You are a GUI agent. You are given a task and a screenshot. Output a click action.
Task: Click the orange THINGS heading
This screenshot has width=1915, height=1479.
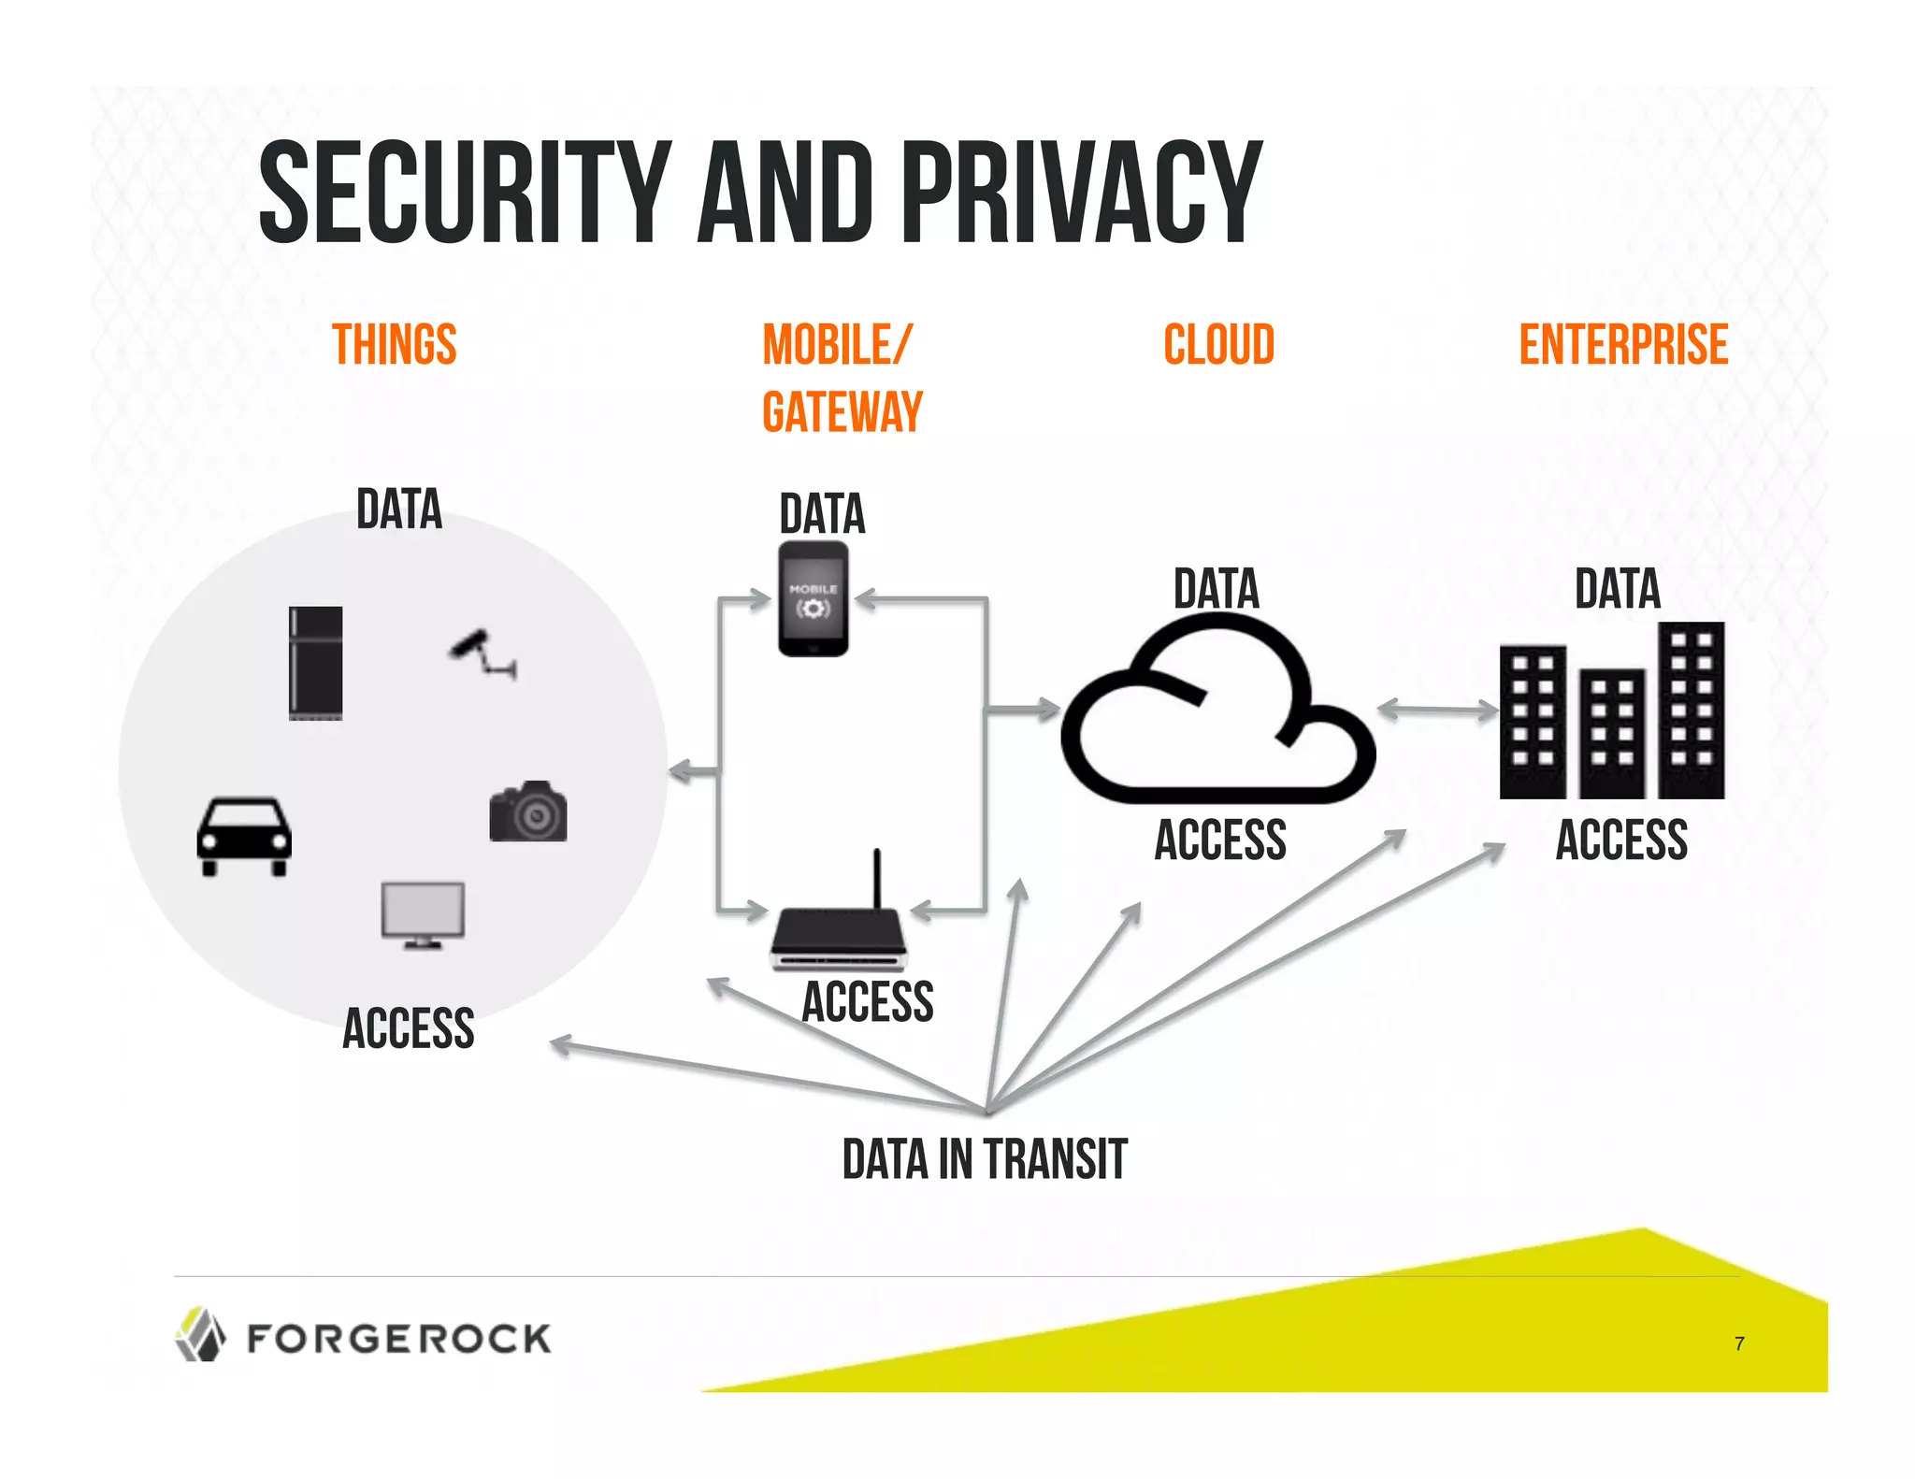[395, 345]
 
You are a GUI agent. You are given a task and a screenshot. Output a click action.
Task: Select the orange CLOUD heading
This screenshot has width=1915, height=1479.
[1218, 345]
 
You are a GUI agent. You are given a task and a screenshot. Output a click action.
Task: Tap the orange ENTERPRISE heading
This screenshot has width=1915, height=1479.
[1623, 345]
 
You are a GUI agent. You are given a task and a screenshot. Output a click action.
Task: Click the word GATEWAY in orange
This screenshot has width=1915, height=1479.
[842, 412]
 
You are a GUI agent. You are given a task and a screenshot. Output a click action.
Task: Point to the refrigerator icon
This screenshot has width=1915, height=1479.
[315, 663]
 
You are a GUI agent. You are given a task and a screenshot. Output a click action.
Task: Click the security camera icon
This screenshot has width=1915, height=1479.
[482, 653]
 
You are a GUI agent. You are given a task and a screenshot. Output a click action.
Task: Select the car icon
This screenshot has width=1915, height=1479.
[244, 836]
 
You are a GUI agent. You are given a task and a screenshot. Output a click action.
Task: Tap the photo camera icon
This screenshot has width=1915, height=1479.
[528, 811]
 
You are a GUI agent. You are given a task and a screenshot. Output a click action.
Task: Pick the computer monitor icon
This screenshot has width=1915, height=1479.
[423, 914]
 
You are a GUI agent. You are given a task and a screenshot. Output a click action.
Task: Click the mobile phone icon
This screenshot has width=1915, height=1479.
[814, 599]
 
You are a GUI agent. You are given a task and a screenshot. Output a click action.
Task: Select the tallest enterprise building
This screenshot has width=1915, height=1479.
[1691, 711]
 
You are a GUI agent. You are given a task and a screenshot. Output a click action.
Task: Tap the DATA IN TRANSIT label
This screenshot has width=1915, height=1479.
[984, 1159]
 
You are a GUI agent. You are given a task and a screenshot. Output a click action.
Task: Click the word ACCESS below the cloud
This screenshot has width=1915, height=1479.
[1220, 840]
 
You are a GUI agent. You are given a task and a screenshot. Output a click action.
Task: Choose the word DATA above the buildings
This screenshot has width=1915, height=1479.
[1617, 589]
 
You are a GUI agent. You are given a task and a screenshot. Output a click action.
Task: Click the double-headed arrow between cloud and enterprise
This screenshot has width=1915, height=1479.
[1438, 711]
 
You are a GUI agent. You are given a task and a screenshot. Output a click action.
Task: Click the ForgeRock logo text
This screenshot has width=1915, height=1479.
[398, 1339]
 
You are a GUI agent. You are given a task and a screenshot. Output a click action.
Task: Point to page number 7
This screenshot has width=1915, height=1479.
[1739, 1343]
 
